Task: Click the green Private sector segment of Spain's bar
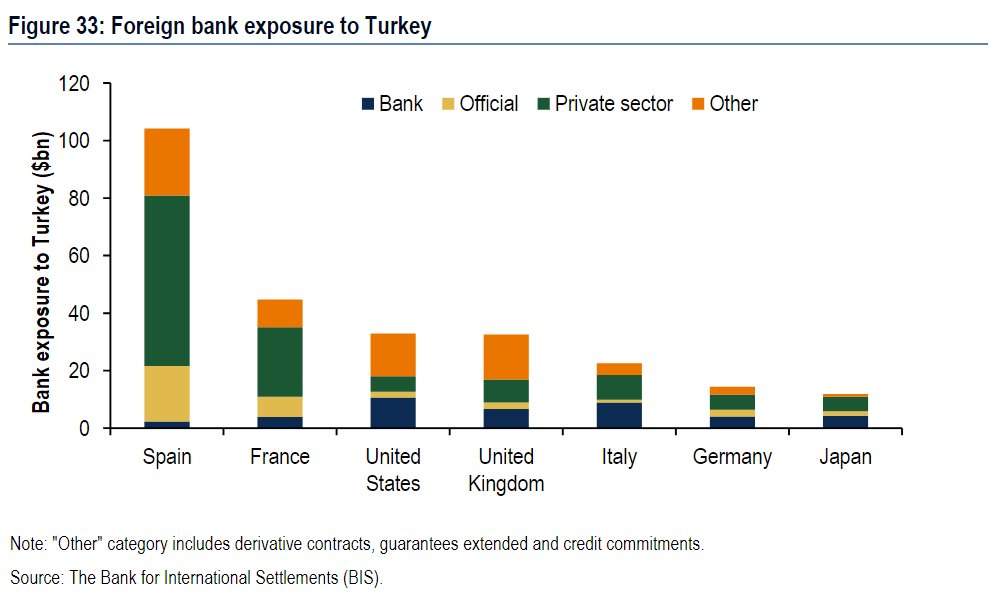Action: pyautogui.click(x=167, y=280)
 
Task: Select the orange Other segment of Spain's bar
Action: pyautogui.click(x=167, y=162)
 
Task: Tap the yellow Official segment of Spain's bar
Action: pyautogui.click(x=167, y=394)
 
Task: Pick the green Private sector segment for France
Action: pyautogui.click(x=280, y=362)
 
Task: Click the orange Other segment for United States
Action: pyautogui.click(x=393, y=355)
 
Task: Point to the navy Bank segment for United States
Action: pyautogui.click(x=393, y=413)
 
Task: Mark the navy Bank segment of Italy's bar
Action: pyautogui.click(x=619, y=415)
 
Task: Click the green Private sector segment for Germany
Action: pyautogui.click(x=732, y=402)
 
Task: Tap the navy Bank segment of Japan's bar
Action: pyautogui.click(x=845, y=422)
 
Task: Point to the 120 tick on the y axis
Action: pyautogui.click(x=76, y=84)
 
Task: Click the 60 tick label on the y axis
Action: pyautogui.click(x=81, y=256)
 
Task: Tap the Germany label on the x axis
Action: pyautogui.click(x=732, y=457)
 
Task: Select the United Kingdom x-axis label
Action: pyautogui.click(x=506, y=470)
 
